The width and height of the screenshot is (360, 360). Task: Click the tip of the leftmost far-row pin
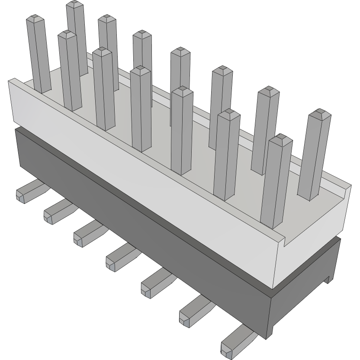75,5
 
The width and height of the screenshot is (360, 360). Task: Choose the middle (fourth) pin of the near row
141,108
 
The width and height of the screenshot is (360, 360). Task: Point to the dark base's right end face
303,303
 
